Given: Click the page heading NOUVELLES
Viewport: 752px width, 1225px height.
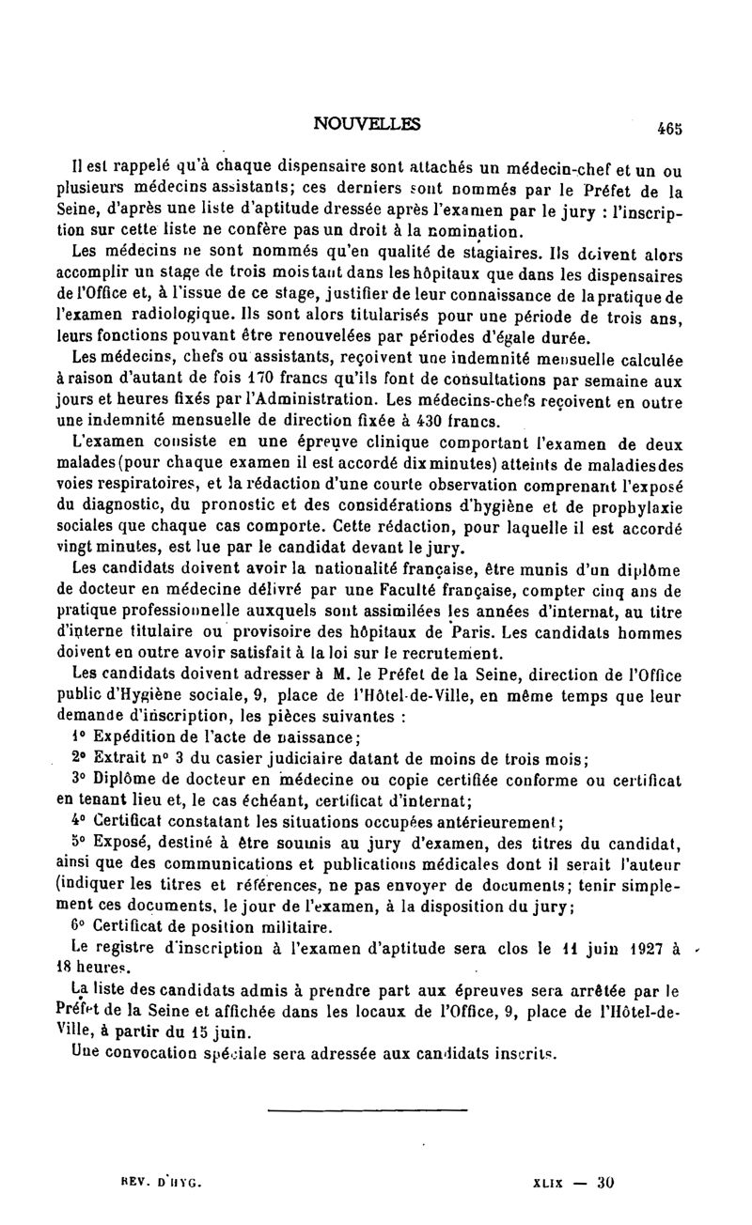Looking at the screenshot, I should click(x=368, y=124).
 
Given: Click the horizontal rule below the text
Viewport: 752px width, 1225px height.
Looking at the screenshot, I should click(x=367, y=1110).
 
